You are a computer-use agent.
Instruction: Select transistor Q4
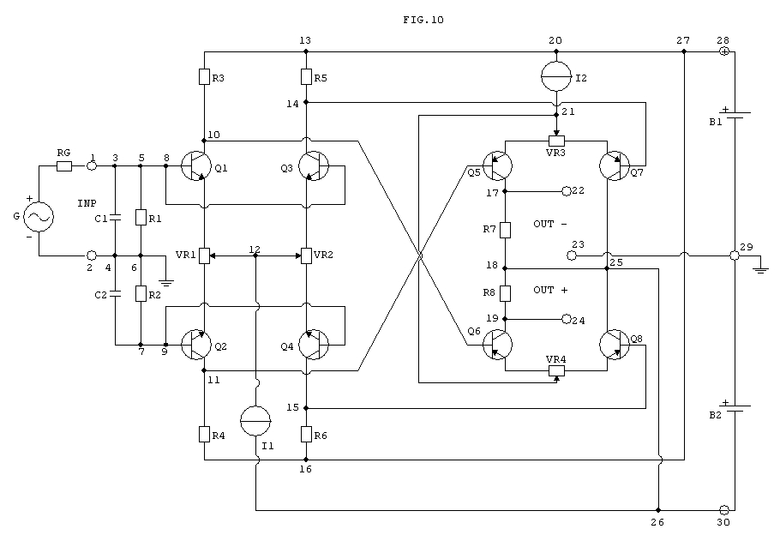tap(314, 345)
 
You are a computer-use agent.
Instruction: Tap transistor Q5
tap(497, 165)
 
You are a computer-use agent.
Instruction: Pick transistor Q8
tap(615, 345)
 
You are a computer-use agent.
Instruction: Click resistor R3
tap(204, 76)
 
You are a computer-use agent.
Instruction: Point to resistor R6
tap(306, 434)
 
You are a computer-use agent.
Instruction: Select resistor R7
tap(505, 230)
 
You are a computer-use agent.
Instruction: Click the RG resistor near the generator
tap(64, 166)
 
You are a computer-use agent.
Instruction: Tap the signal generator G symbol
tap(39, 217)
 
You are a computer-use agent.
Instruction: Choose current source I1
tap(255, 421)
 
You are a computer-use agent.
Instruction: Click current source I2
tap(556, 76)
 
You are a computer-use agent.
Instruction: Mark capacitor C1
tap(115, 218)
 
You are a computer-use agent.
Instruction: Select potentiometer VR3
tap(556, 141)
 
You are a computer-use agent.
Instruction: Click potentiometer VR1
tap(205, 255)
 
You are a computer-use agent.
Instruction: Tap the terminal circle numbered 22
tap(567, 191)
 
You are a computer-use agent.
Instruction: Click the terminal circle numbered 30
tap(723, 509)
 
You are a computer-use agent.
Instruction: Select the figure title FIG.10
tap(423, 20)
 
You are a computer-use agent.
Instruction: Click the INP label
tap(87, 203)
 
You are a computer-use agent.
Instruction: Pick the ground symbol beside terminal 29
tap(760, 270)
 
